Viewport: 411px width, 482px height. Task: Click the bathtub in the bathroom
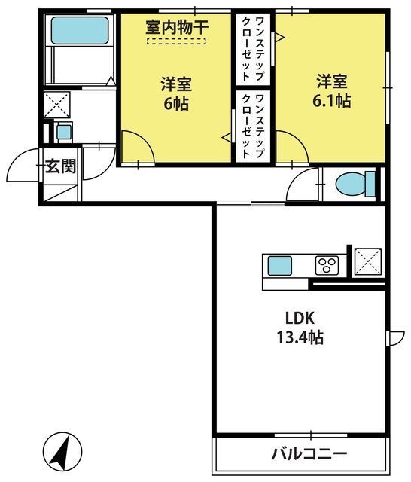tap(80, 30)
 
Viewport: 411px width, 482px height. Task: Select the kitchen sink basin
tap(279, 266)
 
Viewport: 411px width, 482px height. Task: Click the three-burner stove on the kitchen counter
tap(327, 265)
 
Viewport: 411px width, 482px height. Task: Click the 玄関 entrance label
tap(60, 166)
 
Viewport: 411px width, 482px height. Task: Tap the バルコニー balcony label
tap(309, 453)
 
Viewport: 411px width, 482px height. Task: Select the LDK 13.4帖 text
tap(300, 328)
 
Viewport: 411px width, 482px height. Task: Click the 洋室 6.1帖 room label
tap(332, 91)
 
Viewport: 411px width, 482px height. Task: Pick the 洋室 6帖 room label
tap(176, 93)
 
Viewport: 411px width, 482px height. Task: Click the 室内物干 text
tap(177, 27)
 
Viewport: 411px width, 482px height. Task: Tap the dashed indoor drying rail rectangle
tap(176, 41)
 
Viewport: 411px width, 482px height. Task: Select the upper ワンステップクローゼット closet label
tap(253, 49)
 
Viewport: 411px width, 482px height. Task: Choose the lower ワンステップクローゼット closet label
tap(253, 127)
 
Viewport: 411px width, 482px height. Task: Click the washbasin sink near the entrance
tap(64, 133)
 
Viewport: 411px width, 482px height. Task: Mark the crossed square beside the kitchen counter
tap(368, 261)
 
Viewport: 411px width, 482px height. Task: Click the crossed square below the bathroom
tap(56, 105)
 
